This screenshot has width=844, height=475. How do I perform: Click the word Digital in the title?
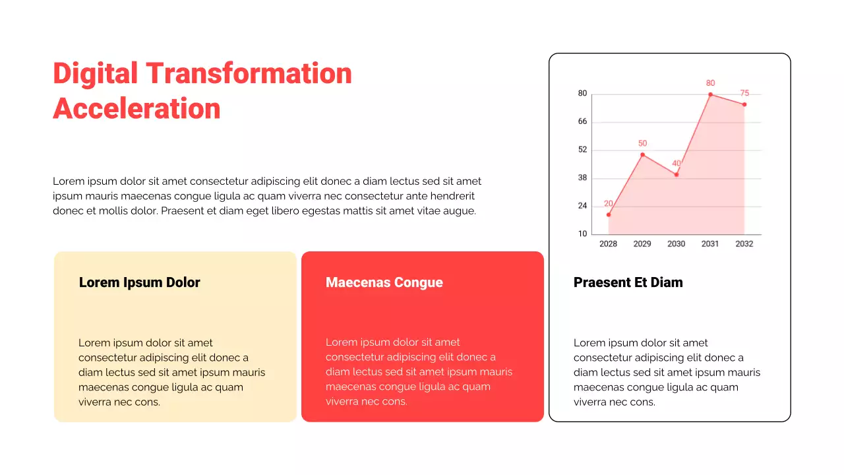(x=96, y=73)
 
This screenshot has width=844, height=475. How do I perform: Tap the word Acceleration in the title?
(x=136, y=109)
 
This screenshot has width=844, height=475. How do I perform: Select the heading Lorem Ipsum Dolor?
(x=139, y=282)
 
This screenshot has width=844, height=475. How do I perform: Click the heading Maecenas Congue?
(x=384, y=282)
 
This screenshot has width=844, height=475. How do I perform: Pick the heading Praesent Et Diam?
(x=628, y=282)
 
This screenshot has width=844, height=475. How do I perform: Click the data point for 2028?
(x=609, y=214)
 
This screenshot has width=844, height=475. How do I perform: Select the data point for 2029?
(x=642, y=154)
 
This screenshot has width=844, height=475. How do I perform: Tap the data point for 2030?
(x=677, y=174)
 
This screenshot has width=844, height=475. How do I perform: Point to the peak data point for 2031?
(x=710, y=94)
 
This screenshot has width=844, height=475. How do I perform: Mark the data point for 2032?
(x=744, y=104)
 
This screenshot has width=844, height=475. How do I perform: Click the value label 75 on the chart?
(x=744, y=93)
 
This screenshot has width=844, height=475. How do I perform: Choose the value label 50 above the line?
(x=642, y=143)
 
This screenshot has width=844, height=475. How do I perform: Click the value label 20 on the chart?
(x=609, y=203)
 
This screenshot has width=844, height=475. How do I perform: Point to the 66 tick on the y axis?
(x=582, y=122)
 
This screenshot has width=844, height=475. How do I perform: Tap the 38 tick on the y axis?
(x=582, y=178)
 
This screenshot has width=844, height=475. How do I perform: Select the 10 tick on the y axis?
(x=582, y=234)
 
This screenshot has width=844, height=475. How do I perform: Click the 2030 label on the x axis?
(x=676, y=244)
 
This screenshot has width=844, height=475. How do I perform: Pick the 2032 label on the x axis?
(x=744, y=244)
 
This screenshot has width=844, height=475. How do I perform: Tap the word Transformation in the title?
(x=249, y=73)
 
